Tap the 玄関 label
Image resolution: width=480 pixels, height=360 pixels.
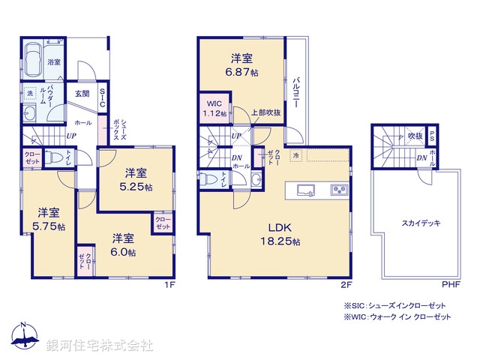[x=82, y=94]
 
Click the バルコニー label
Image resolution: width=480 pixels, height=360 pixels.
[x=298, y=92]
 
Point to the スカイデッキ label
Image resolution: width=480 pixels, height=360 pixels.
[x=420, y=223]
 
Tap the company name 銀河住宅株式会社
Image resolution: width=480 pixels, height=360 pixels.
[x=100, y=346]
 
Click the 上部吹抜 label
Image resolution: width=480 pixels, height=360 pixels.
[x=266, y=112]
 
